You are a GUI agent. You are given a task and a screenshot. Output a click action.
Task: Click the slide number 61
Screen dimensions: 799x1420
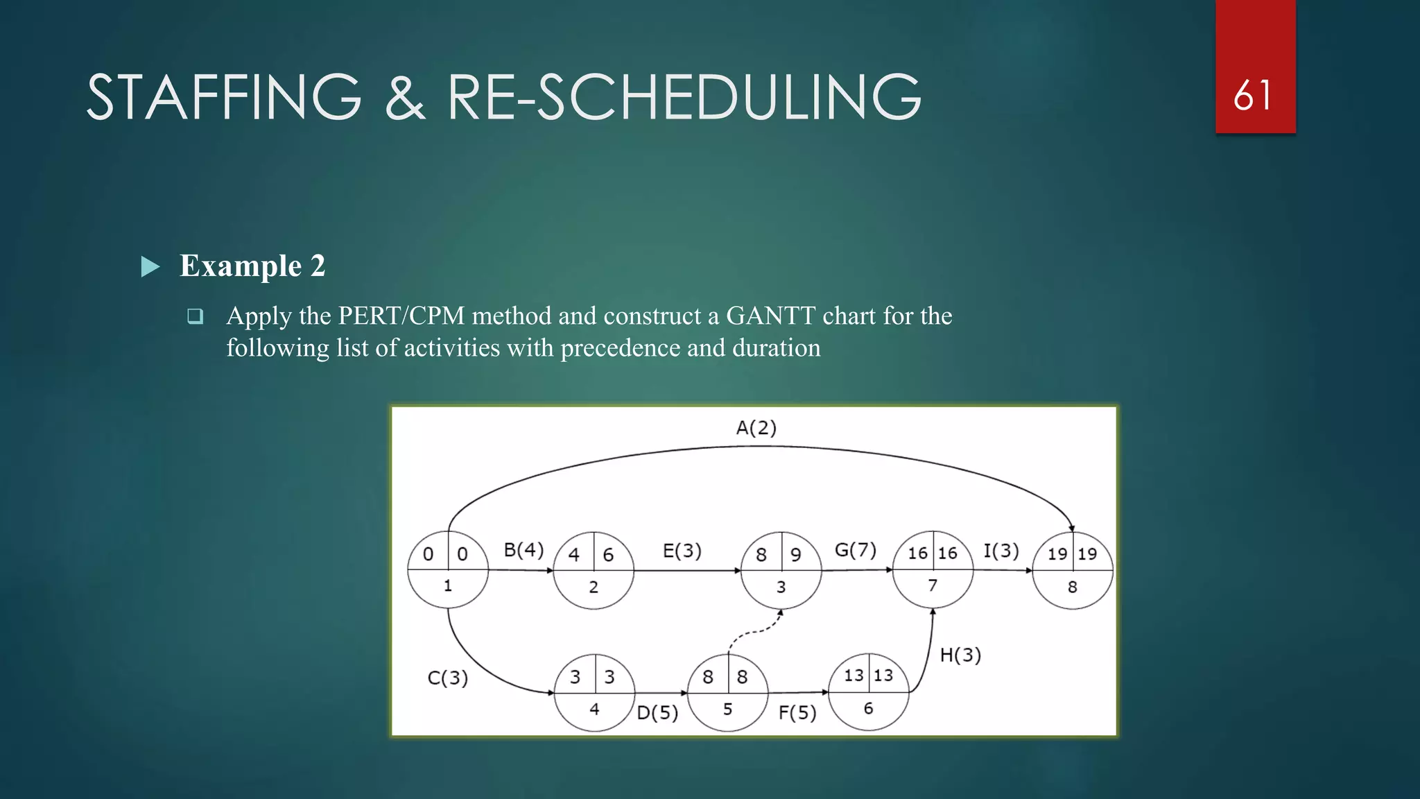[1253, 96]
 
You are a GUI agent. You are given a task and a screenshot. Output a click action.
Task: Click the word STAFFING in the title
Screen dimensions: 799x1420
[224, 97]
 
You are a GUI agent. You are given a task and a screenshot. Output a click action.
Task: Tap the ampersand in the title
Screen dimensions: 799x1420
[404, 97]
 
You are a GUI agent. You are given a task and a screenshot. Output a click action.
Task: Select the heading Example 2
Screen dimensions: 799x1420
[252, 266]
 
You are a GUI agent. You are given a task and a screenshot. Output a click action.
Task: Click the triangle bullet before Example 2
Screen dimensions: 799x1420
[150, 266]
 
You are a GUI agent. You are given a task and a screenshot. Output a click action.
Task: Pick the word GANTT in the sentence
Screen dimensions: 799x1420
[770, 316]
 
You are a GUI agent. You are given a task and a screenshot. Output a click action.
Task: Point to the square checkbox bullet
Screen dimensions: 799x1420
[196, 316]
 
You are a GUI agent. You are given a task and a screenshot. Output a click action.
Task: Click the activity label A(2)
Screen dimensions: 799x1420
[756, 428]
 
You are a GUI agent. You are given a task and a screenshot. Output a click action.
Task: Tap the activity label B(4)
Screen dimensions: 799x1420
[523, 550]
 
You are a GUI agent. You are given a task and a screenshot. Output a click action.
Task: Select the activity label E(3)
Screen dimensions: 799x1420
[682, 551]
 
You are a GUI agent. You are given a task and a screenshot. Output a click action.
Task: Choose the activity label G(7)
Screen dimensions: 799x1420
[855, 550]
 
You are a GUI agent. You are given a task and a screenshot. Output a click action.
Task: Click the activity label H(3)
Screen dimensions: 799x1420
[960, 655]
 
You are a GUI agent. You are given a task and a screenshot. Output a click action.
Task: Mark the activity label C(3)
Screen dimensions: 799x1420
[447, 678]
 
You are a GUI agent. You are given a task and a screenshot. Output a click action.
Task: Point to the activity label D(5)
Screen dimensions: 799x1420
[657, 712]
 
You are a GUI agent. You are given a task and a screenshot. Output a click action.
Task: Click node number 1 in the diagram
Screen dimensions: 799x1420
[448, 586]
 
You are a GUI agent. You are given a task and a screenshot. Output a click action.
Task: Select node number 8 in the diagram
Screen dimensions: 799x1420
[1072, 587]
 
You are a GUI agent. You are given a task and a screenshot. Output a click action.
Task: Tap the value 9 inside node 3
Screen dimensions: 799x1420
[796, 555]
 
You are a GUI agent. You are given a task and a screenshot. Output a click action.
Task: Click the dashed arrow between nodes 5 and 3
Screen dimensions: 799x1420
[756, 631]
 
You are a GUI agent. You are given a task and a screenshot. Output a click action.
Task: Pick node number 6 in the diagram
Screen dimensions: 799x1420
[868, 708]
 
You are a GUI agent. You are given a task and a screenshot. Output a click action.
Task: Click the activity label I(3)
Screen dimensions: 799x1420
[1001, 551]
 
